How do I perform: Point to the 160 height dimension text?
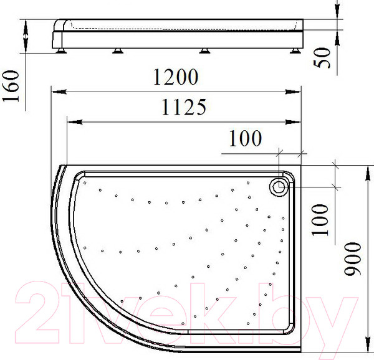click(12, 87)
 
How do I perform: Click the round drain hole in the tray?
click(278, 186)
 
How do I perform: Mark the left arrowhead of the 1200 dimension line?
click(54, 92)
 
